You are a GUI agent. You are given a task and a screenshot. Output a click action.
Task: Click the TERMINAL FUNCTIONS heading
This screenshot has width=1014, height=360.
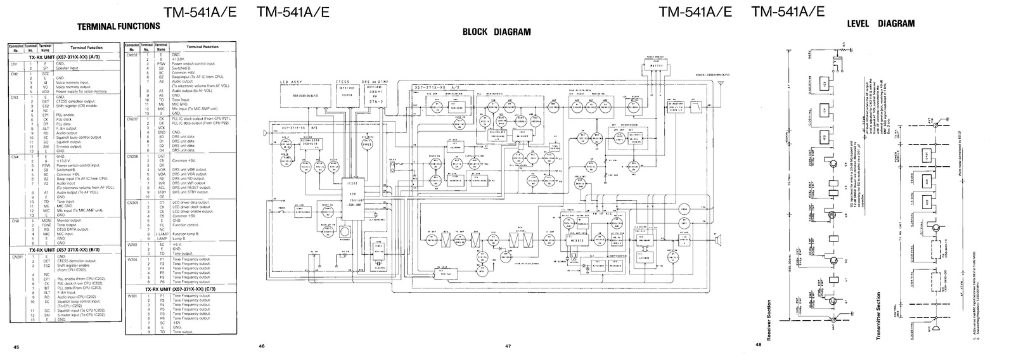pyautogui.click(x=118, y=27)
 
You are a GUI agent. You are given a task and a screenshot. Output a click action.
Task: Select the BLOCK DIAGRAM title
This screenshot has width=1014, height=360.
pyautogui.click(x=496, y=32)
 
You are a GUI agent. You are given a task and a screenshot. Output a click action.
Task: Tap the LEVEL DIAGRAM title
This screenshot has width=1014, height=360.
pyautogui.click(x=880, y=23)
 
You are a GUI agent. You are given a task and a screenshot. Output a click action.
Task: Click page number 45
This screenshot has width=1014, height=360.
pyautogui.click(x=16, y=347)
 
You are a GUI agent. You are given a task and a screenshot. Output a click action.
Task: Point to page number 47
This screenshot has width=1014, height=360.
pyautogui.click(x=508, y=346)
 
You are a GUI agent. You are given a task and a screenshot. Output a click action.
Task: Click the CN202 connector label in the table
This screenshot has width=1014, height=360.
pyautogui.click(x=132, y=55)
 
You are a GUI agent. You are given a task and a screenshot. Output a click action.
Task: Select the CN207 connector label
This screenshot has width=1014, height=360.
pyautogui.click(x=132, y=119)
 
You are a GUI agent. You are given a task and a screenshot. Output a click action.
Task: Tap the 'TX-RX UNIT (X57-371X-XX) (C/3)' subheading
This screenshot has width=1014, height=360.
pyautogui.click(x=182, y=289)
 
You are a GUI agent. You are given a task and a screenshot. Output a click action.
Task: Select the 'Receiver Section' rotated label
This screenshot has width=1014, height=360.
pyautogui.click(x=769, y=320)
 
